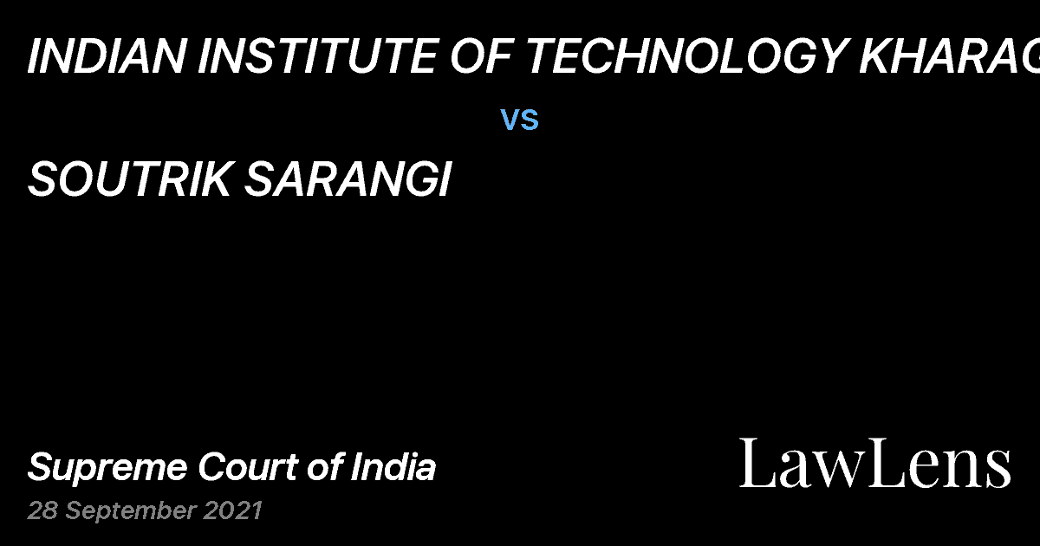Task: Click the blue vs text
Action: pyautogui.click(x=520, y=120)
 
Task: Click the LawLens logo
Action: pyautogui.click(x=874, y=463)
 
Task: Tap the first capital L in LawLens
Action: pyautogui.click(x=755, y=463)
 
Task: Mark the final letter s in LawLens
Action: pyautogui.click(x=998, y=469)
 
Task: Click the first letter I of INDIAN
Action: pyautogui.click(x=35, y=58)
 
